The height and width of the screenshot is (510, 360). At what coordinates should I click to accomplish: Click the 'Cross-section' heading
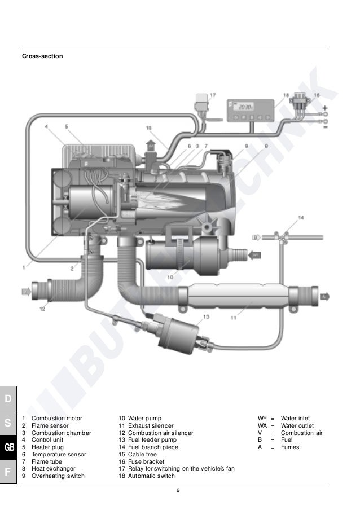[x=42, y=56]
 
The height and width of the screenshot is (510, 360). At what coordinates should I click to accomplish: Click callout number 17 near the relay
[x=213, y=95]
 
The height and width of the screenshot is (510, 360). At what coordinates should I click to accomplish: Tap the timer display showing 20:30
[x=246, y=107]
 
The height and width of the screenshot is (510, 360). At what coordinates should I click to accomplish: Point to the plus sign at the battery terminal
[x=325, y=108]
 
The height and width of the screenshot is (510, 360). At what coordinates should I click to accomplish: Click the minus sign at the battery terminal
[x=325, y=127]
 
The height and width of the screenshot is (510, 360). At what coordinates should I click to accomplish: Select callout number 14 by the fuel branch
[x=301, y=218]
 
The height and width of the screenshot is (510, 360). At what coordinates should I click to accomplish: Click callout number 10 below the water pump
[x=170, y=277]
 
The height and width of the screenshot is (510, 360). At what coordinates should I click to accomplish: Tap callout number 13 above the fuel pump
[x=206, y=316]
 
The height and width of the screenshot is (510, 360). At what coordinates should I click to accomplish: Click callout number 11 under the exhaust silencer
[x=234, y=318]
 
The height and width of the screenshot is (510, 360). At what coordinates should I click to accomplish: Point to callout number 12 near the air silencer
[x=42, y=309]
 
